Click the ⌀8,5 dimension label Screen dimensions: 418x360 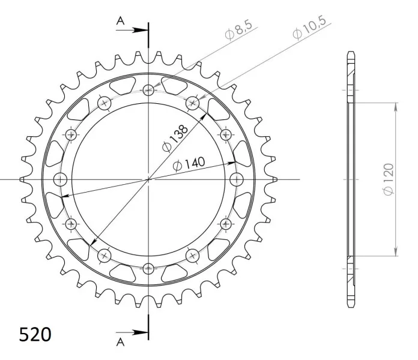pos(238,31)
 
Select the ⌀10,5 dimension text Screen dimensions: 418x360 pos(309,28)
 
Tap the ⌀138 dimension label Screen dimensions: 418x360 pos(175,139)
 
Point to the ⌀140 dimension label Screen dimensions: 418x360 pos(189,163)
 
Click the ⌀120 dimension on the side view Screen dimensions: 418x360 pos(389,179)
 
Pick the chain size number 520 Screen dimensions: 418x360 pos(35,334)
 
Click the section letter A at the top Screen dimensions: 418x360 pos(120,20)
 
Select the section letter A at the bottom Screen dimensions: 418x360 pos(120,342)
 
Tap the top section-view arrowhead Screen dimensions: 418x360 pos(140,30)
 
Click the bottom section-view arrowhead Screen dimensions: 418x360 pos(140,332)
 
